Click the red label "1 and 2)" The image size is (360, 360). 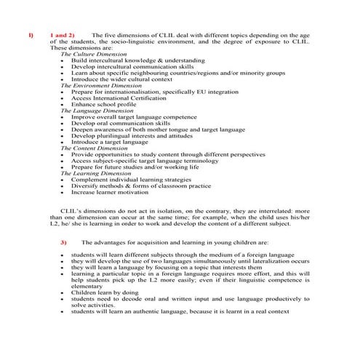[x=62, y=35]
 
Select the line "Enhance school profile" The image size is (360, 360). [x=103, y=104]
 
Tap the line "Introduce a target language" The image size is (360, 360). [x=110, y=142]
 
